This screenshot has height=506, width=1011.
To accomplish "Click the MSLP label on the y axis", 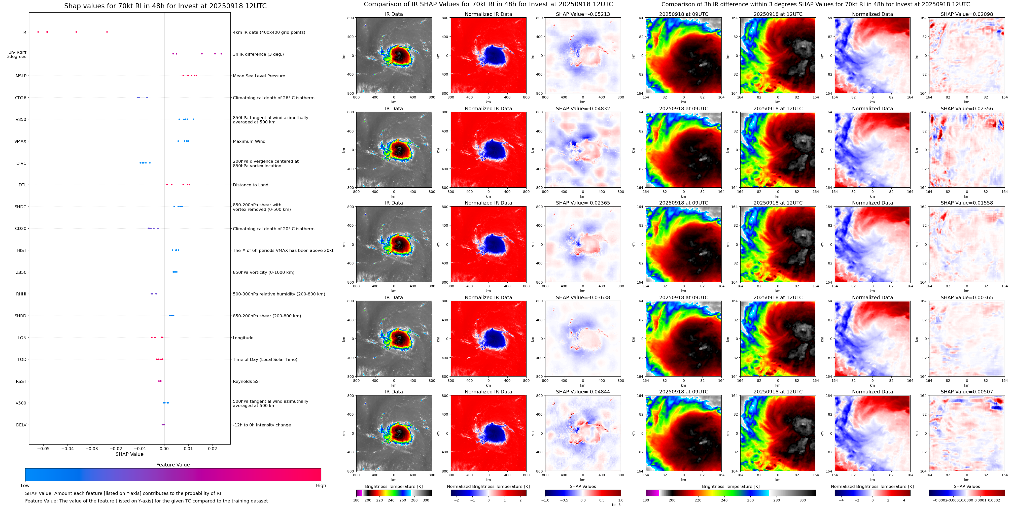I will click(21, 76).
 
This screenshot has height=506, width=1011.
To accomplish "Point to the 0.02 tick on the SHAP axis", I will click(212, 448).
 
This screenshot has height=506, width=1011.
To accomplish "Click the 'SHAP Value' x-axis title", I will click(129, 454).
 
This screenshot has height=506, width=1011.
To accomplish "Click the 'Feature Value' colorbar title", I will click(173, 465).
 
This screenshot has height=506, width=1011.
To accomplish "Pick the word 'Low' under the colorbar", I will click(25, 486).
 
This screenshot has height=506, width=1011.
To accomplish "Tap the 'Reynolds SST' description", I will click(247, 381).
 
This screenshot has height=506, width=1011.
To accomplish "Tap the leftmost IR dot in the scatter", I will click(38, 32).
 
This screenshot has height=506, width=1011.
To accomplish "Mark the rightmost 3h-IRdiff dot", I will click(221, 54).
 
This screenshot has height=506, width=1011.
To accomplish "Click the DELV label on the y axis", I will click(21, 425).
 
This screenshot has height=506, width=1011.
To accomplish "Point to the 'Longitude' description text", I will click(243, 338).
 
